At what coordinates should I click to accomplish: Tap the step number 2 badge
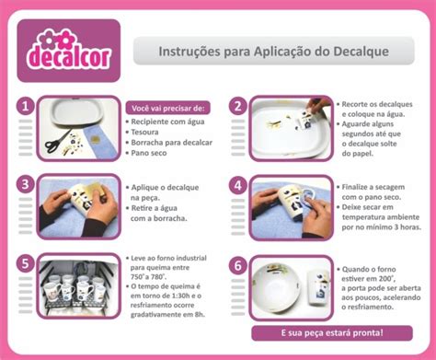click(x=236, y=108)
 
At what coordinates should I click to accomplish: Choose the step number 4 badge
click(x=236, y=185)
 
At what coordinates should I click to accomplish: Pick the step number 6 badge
click(x=236, y=263)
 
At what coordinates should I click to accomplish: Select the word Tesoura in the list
click(x=147, y=131)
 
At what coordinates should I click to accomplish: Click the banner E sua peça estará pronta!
click(x=330, y=332)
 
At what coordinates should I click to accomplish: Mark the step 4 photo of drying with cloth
click(x=290, y=207)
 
